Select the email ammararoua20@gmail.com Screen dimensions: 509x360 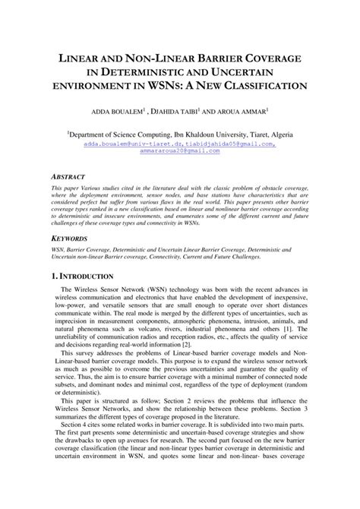[180, 150]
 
